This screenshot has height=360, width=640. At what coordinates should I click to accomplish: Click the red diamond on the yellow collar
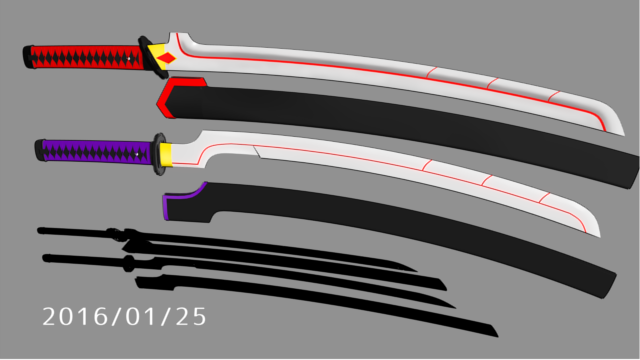167,58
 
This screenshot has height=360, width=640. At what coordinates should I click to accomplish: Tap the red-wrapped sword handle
87,57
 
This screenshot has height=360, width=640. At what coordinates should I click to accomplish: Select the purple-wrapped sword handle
96,151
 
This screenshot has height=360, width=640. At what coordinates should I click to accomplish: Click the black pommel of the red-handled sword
27,57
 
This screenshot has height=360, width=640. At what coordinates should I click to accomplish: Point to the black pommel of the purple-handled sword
40,150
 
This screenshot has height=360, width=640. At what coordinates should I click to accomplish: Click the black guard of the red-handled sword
152,57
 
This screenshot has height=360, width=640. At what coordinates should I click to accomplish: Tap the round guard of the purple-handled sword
158,154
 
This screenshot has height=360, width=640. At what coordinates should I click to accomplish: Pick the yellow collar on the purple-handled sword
166,155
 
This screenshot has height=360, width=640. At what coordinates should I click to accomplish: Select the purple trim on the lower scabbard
180,197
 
